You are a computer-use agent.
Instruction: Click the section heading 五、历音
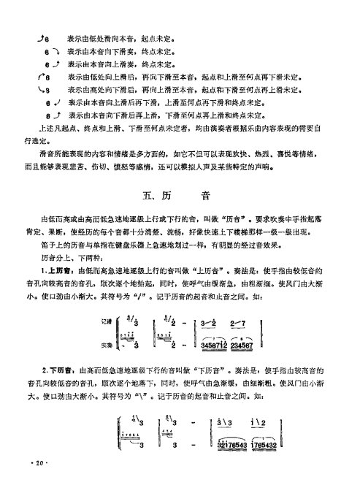(180, 196)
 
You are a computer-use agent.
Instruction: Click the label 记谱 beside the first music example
(107, 322)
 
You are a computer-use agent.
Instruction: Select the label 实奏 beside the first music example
(107, 343)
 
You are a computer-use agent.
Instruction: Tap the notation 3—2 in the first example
(212, 324)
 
